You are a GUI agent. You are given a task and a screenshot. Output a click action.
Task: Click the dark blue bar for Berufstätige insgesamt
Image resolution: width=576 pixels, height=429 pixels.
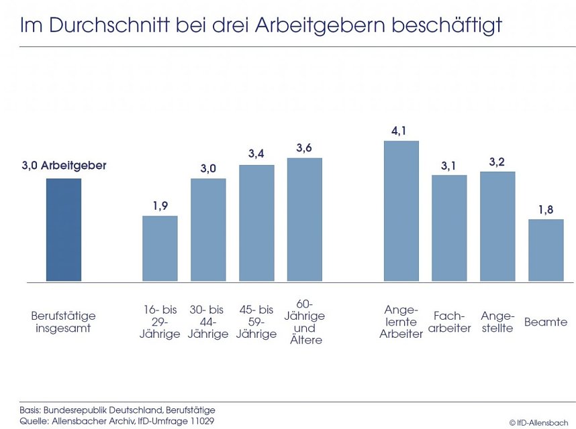[x=64, y=229]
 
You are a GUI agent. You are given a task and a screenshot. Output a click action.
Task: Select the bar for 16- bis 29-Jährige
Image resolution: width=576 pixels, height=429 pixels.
[x=160, y=248]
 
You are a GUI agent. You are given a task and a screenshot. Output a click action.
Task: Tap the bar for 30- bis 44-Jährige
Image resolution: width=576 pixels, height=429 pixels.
[x=208, y=229]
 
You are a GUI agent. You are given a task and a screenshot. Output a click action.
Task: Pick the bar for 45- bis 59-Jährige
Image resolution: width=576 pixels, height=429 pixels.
[x=256, y=223]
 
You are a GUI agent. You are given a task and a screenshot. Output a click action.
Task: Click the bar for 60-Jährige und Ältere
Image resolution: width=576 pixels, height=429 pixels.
[x=304, y=219]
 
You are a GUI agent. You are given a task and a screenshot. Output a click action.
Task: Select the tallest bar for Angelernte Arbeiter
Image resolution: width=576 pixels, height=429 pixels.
[x=401, y=210]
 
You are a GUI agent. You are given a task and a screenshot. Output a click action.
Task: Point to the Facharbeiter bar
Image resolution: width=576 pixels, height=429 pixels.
[x=449, y=228]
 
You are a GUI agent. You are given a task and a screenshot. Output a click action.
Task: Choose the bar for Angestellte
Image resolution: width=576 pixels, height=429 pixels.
[x=497, y=226]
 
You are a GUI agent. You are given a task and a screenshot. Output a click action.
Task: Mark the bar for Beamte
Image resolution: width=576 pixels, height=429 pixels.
[x=546, y=249]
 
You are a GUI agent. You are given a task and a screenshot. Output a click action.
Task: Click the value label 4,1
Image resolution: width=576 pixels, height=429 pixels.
[x=401, y=130]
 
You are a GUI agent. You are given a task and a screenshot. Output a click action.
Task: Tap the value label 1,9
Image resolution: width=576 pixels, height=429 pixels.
[x=160, y=206]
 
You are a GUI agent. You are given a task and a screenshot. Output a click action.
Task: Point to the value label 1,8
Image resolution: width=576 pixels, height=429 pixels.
[x=546, y=209]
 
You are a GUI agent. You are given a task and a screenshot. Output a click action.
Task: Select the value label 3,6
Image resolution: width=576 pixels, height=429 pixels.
[x=304, y=147]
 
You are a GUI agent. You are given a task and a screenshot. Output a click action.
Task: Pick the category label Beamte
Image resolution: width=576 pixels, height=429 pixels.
[x=546, y=322]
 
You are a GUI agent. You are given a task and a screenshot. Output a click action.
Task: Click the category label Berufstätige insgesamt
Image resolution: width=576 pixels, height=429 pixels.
[x=64, y=322]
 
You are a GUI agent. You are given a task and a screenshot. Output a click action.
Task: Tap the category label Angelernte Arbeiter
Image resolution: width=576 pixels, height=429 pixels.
[x=401, y=322]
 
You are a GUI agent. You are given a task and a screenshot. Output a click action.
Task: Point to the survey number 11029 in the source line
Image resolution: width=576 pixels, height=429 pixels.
[x=201, y=420]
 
